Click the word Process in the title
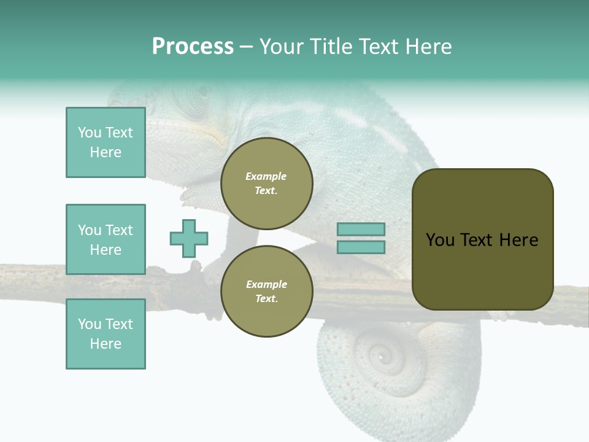[x=193, y=47]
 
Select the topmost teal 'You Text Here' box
[x=106, y=142]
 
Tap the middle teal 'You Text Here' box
[x=106, y=239]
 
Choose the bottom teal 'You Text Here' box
[x=106, y=334]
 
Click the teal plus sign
[x=189, y=238]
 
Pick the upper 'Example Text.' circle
[x=266, y=184]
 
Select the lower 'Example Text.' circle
[x=266, y=292]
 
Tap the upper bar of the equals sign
[x=361, y=230]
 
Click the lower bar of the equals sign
[x=361, y=247]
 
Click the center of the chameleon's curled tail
[x=381, y=356]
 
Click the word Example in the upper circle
[x=266, y=176]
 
